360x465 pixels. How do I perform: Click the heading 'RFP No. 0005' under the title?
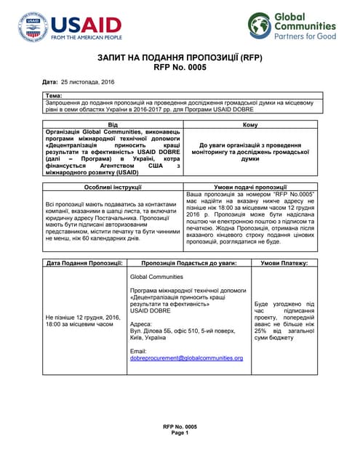180,68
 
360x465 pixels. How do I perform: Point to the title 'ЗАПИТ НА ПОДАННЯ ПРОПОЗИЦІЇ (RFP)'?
180,57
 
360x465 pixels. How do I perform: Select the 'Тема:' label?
54,96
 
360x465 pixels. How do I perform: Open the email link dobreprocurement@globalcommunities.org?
185,358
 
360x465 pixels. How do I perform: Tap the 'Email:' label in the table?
137,351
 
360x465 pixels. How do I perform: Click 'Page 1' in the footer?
180,432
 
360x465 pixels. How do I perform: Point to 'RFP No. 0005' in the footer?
180,426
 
